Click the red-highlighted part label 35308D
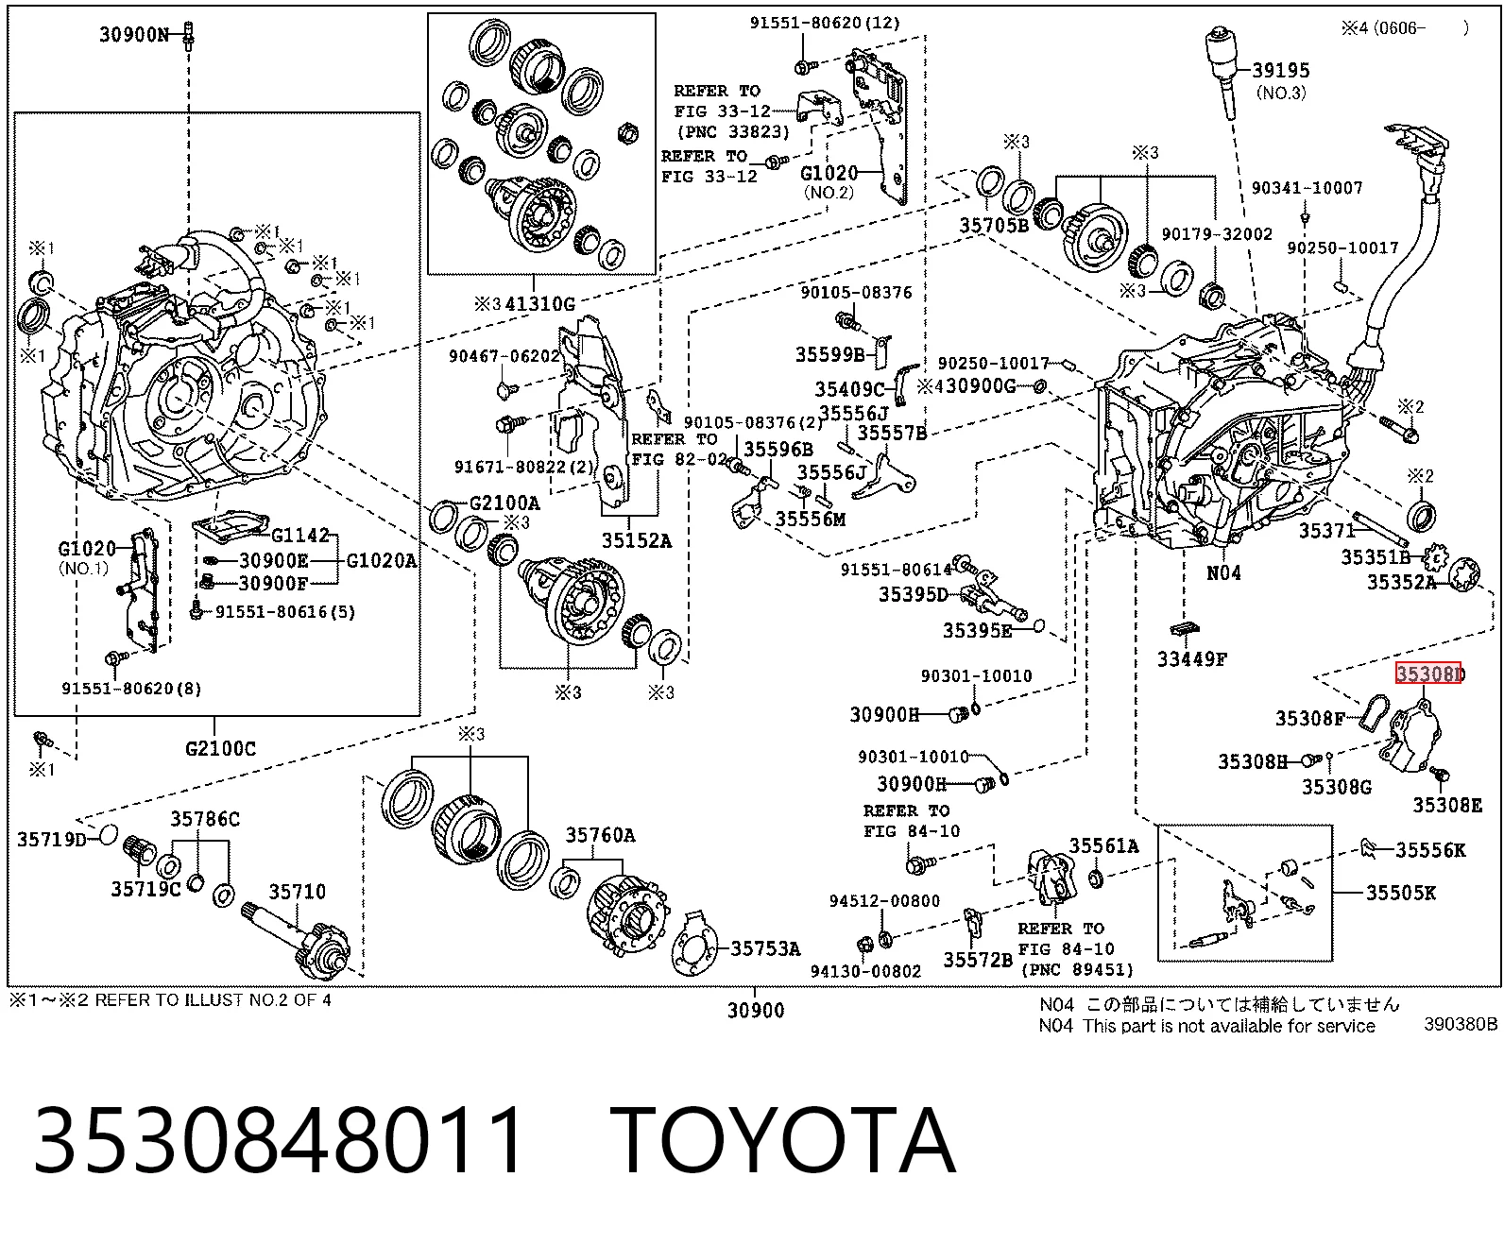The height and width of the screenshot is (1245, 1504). (1429, 673)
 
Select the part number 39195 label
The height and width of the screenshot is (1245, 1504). (1281, 70)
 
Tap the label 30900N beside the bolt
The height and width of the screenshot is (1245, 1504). (133, 34)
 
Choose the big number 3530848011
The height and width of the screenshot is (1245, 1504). (278, 1140)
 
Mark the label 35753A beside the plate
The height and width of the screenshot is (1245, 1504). (765, 948)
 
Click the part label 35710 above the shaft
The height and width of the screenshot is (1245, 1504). (297, 891)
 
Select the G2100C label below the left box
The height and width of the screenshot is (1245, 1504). (220, 748)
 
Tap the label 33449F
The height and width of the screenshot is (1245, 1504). (1192, 658)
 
